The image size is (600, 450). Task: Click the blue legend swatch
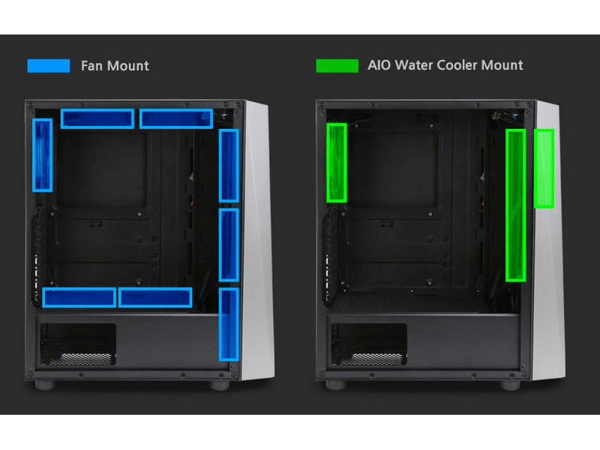click(48, 66)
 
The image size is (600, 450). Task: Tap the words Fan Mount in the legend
click(115, 66)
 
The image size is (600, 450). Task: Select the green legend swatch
click(337, 66)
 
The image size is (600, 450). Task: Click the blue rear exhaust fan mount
click(42, 155)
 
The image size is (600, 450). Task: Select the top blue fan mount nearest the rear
click(97, 118)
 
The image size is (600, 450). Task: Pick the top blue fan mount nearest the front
click(175, 118)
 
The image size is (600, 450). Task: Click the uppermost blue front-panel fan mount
click(229, 166)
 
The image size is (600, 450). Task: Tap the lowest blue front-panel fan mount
click(229, 324)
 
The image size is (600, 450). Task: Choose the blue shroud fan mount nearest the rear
click(79, 298)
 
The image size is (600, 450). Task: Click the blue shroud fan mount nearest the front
click(154, 298)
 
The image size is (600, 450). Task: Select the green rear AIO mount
click(337, 163)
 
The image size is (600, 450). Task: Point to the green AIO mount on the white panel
click(544, 169)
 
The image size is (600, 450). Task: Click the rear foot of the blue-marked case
click(47, 385)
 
